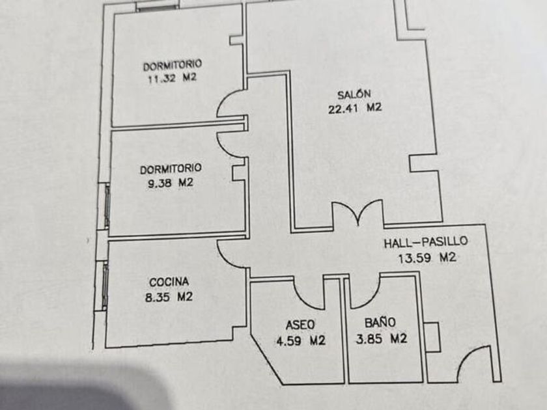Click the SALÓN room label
pyautogui.click(x=354, y=94)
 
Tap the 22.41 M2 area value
pyautogui.click(x=354, y=109)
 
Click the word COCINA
pyautogui.click(x=169, y=282)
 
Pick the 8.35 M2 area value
pyautogui.click(x=169, y=297)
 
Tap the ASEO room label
pyautogui.click(x=300, y=324)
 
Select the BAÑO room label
pyautogui.click(x=380, y=321)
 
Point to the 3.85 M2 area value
pyautogui.click(x=382, y=338)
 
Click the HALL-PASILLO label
pyautogui.click(x=425, y=242)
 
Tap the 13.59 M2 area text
pyautogui.click(x=427, y=257)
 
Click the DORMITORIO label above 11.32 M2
pyautogui.click(x=172, y=64)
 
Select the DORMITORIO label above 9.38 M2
pyautogui.click(x=171, y=169)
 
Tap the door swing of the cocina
pyautogui.click(x=229, y=254)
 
